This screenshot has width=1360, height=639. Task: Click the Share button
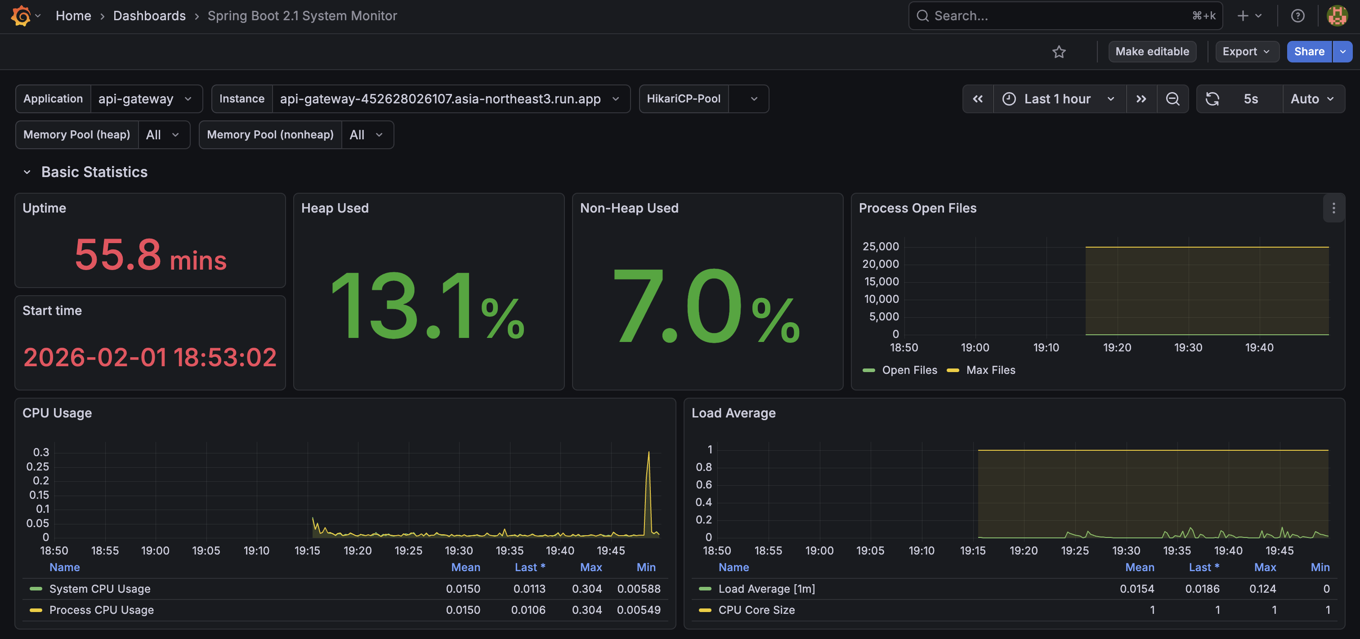tap(1309, 52)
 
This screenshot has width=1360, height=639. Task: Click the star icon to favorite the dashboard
tap(1059, 52)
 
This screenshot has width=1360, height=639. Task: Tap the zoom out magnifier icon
tap(1172, 99)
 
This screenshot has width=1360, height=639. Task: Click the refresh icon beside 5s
tap(1212, 99)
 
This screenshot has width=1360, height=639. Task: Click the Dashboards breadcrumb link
tap(149, 16)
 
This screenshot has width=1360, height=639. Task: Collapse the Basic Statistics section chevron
tap(27, 172)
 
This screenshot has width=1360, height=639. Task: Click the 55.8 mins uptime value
tap(151, 255)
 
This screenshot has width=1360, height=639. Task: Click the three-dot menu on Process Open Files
tap(1333, 209)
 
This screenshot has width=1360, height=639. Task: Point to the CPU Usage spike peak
tap(649, 452)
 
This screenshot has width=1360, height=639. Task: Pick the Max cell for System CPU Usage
tap(586, 588)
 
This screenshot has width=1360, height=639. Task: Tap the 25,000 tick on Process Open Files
tap(880, 246)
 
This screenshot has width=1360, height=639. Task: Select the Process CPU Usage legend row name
tap(101, 609)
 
